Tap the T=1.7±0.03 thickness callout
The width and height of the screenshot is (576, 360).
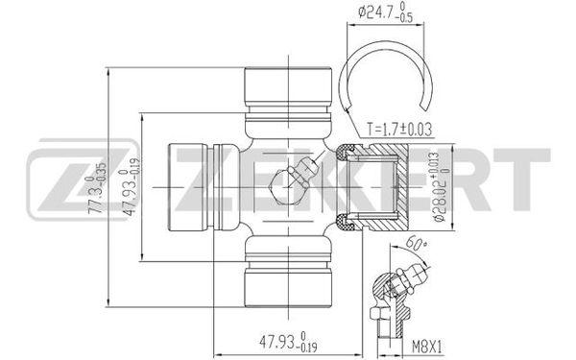point(399,130)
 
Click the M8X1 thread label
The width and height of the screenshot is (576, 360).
point(427,347)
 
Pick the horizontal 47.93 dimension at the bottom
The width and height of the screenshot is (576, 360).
point(288,344)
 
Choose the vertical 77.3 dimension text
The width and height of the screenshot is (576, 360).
point(97,188)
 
